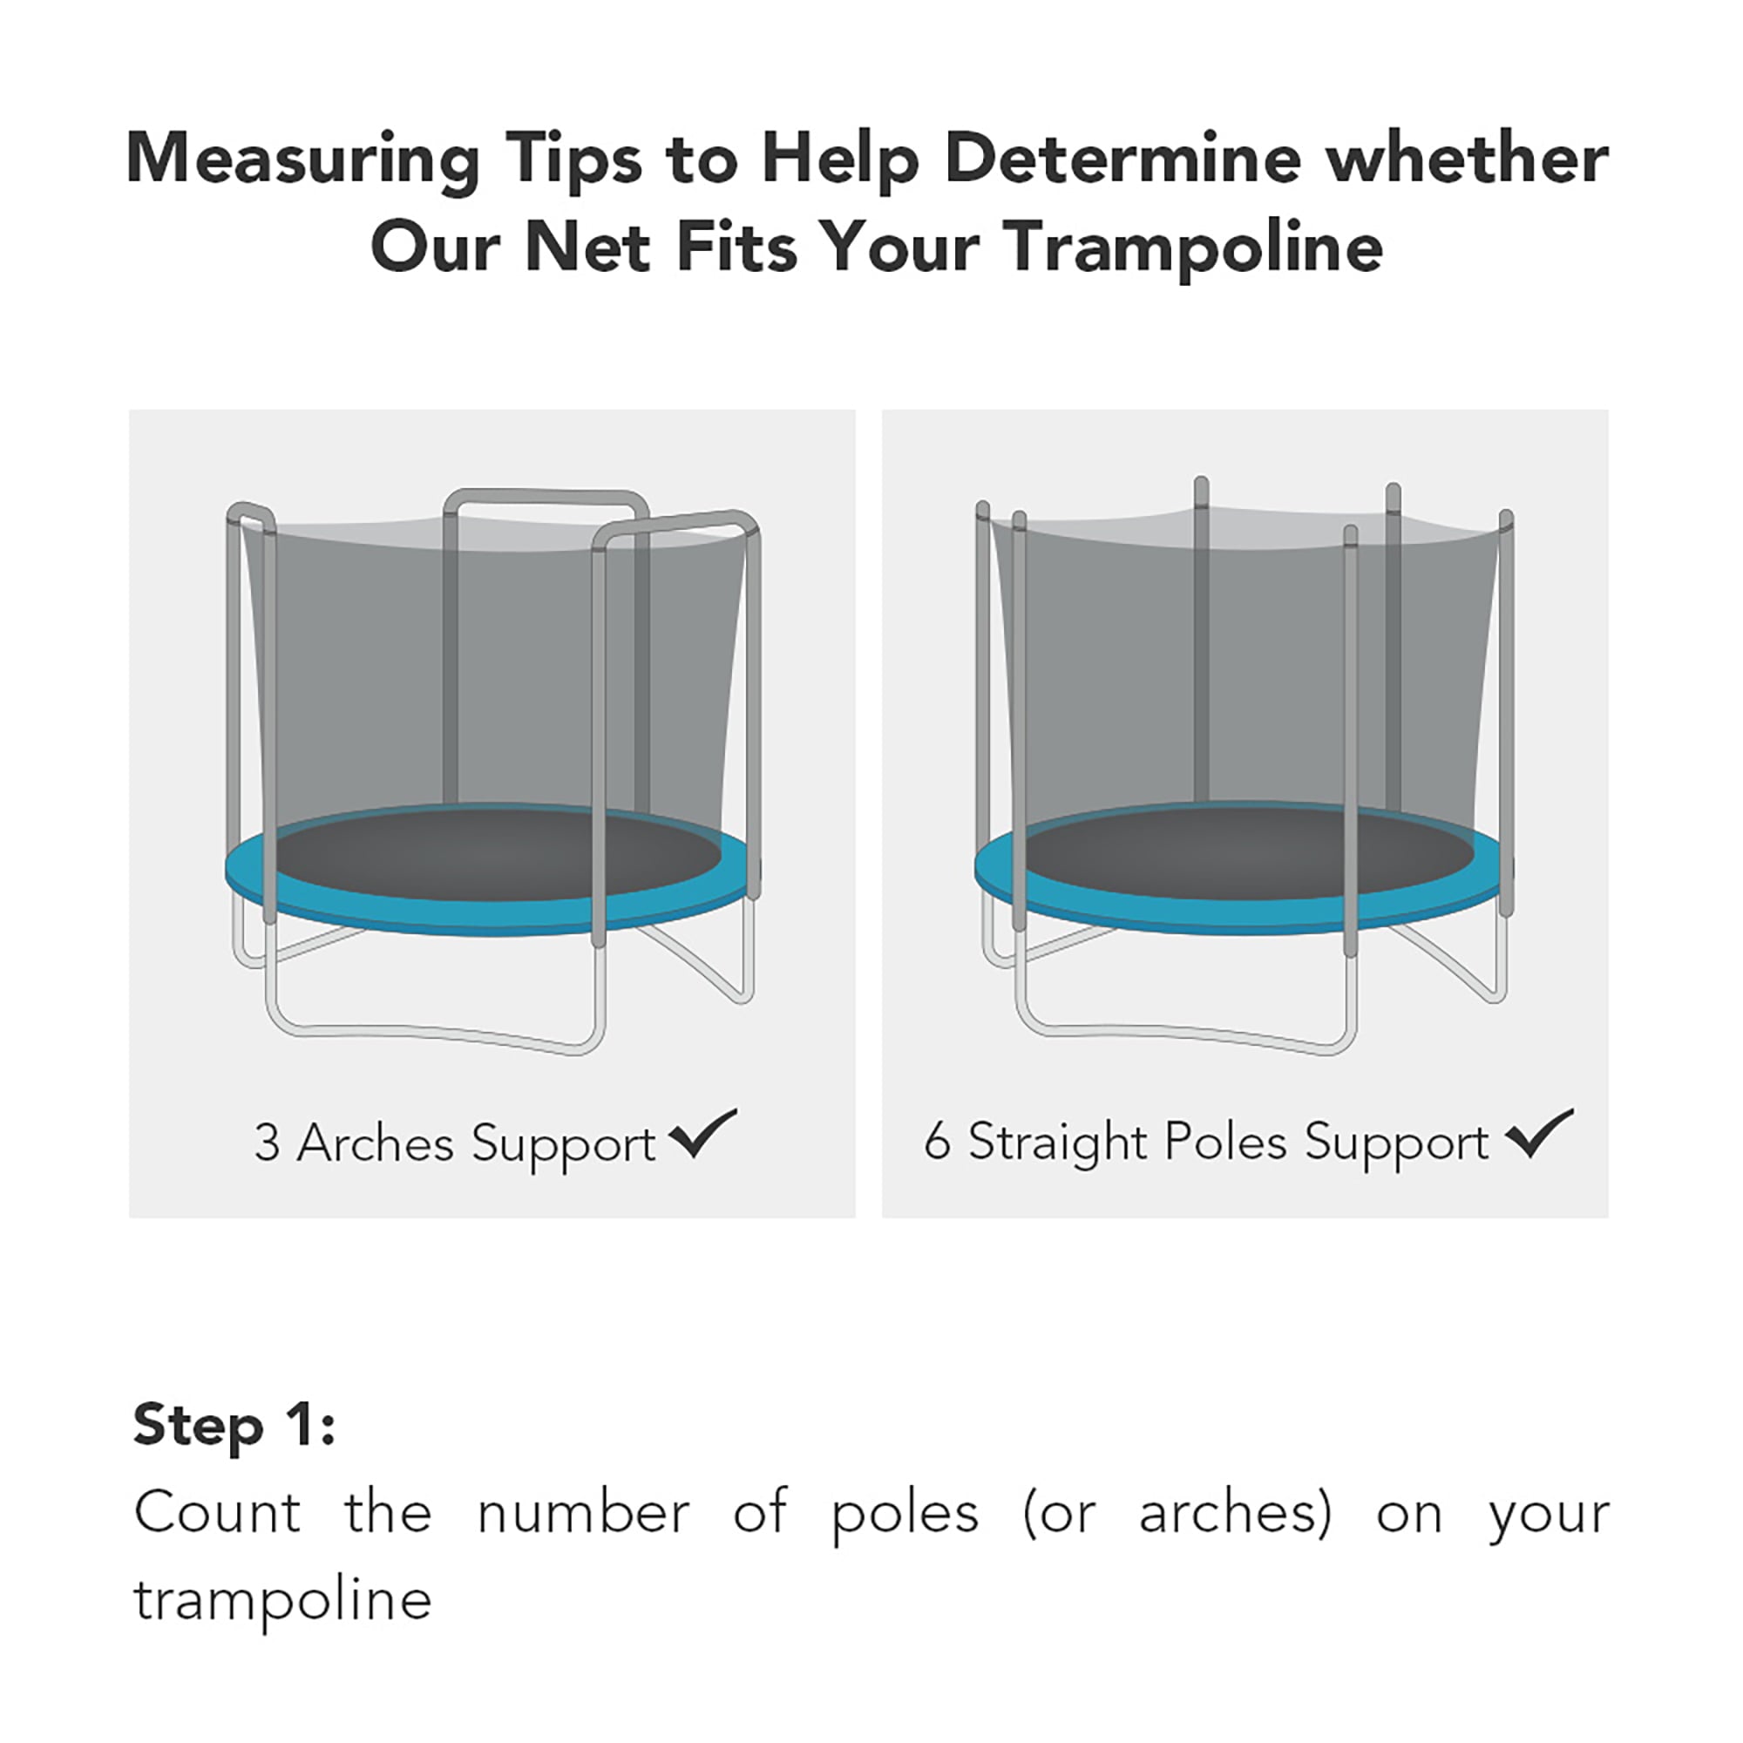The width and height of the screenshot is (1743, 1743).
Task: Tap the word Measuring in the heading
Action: click(302, 159)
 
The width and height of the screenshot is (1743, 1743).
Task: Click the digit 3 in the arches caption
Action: click(266, 1143)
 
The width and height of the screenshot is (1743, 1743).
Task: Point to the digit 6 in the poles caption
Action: click(938, 1142)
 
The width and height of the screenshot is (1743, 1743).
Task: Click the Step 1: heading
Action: click(234, 1427)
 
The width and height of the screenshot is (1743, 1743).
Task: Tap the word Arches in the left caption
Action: click(375, 1143)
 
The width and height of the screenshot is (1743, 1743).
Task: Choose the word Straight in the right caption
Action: click(1056, 1143)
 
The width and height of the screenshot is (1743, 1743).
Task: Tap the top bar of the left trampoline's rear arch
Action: click(546, 498)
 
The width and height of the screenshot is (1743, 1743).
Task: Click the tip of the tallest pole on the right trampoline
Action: click(1201, 485)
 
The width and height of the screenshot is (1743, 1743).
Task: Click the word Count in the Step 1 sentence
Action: click(217, 1513)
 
